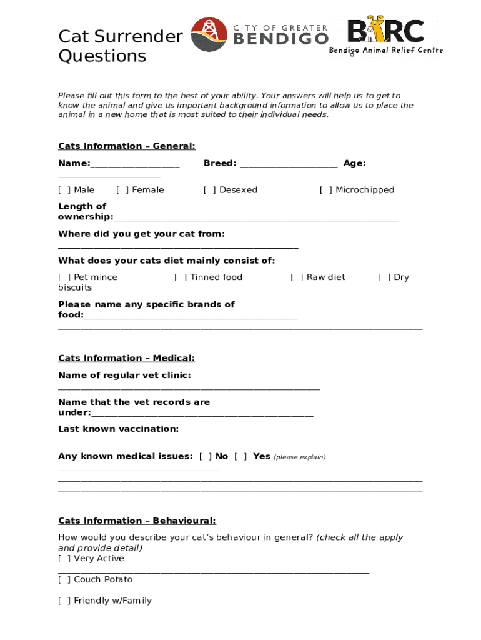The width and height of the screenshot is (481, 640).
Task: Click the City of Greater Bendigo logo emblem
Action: [209, 34]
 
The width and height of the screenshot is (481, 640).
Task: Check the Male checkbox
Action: [64, 190]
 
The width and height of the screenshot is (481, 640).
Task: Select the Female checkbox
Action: [122, 190]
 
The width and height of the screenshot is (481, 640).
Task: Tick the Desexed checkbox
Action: [210, 190]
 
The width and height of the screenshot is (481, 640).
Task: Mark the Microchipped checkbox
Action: [326, 190]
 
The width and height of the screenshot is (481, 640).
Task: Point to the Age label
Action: [354, 163]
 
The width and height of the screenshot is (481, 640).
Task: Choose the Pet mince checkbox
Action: [64, 277]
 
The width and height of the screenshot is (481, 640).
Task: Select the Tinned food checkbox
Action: [181, 277]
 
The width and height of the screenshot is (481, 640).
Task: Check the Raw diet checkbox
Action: [297, 277]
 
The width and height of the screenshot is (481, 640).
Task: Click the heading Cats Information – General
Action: [127, 146]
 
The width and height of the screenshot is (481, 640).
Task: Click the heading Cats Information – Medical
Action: [126, 358]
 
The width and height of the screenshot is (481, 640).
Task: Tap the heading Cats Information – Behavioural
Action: [137, 521]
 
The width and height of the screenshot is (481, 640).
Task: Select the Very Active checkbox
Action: [64, 559]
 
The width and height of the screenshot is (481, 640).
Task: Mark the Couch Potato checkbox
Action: [64, 580]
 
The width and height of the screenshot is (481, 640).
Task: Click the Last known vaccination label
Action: [118, 429]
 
